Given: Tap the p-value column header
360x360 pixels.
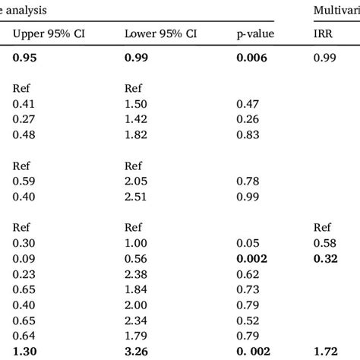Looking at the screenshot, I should [254, 33].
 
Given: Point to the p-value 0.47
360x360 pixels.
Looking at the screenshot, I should [247, 103].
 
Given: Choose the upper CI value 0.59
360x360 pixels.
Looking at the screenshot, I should [24, 182].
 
